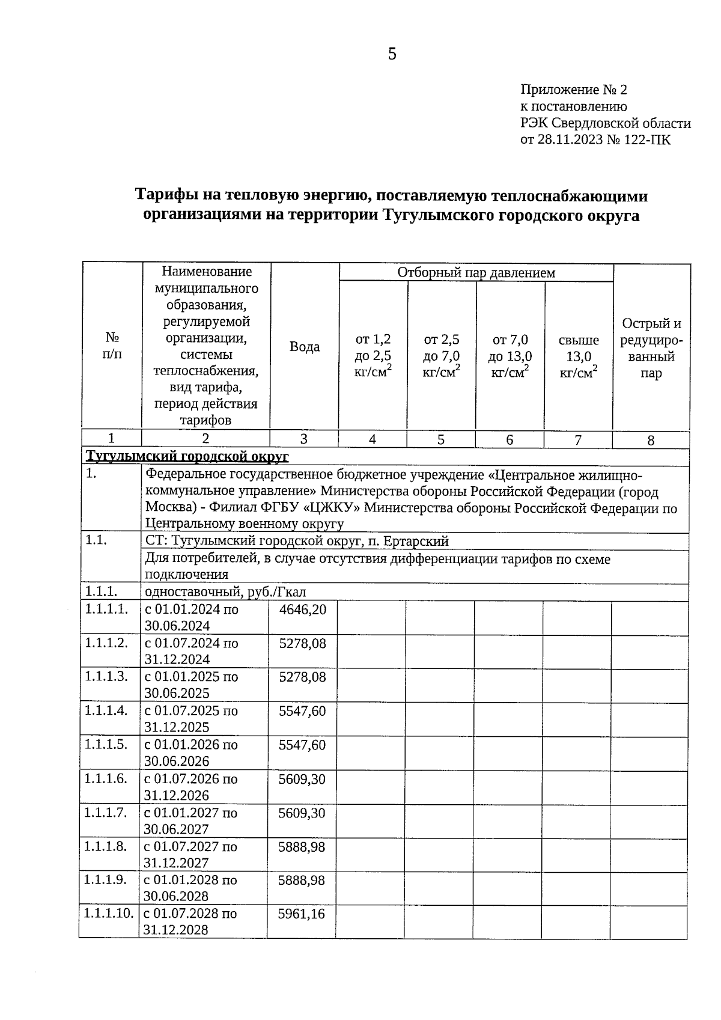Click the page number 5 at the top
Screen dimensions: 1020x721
392,54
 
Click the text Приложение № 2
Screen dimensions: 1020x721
573,90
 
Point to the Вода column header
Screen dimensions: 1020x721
305,347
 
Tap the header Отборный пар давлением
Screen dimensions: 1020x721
476,272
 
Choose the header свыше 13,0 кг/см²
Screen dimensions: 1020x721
578,356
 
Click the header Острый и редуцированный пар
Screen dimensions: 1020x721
651,348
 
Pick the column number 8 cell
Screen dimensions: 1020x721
651,441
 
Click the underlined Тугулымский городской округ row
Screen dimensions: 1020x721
187,457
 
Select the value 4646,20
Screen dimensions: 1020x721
303,609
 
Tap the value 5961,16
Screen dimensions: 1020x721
302,914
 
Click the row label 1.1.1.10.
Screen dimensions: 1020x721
108,914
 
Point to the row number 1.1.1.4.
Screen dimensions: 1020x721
106,710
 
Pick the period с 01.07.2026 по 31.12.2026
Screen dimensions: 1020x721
190,787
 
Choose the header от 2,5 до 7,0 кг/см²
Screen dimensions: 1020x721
441,356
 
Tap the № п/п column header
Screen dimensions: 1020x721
112,346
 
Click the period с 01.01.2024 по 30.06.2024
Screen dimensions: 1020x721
190,617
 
